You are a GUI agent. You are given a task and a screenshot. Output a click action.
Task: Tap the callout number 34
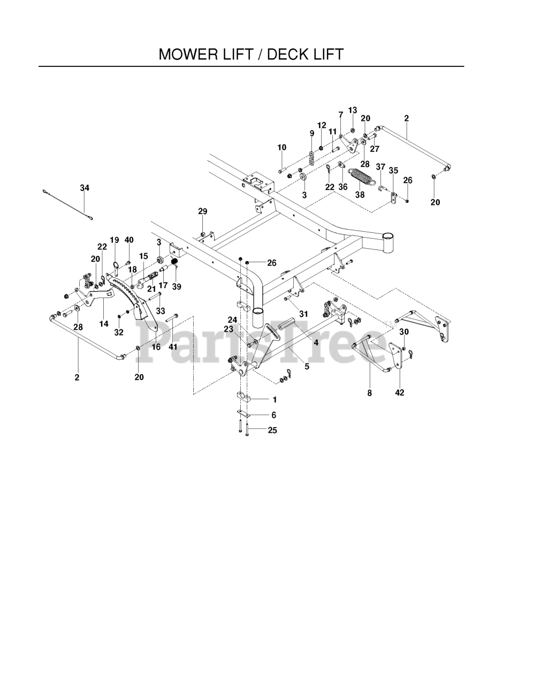[85, 188]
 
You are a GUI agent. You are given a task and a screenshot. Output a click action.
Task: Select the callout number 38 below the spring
[360, 195]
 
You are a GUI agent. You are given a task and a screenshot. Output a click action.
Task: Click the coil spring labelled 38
[360, 176]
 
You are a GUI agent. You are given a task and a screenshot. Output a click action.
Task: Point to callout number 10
[282, 148]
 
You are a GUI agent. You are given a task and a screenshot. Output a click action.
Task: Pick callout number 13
[352, 110]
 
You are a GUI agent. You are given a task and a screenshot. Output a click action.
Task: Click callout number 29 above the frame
[202, 212]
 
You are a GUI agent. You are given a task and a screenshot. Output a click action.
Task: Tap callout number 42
[399, 393]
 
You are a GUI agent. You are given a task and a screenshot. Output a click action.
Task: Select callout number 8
[369, 393]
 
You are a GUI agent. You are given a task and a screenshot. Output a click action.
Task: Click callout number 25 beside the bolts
[272, 430]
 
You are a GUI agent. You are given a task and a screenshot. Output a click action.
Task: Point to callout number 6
[273, 415]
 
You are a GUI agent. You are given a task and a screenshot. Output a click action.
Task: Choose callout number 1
[275, 399]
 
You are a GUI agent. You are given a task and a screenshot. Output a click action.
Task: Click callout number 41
[173, 347]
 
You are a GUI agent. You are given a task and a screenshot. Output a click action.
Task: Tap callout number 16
[156, 347]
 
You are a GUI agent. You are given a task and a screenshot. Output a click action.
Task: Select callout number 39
[177, 287]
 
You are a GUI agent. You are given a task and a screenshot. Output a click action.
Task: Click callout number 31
[303, 314]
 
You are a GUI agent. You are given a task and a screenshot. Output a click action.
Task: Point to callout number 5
[307, 367]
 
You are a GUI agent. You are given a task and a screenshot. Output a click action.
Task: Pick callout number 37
[380, 167]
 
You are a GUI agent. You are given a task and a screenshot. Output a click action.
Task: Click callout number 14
[104, 324]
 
